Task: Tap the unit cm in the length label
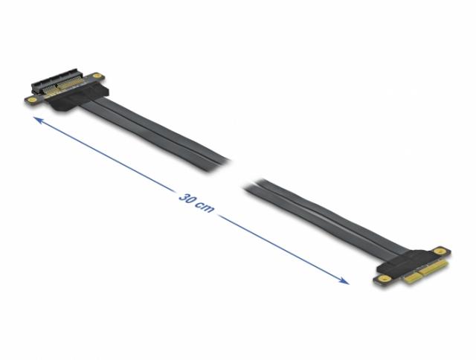(x=205, y=207)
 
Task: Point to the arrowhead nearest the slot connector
(x=38, y=120)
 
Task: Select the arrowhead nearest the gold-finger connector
(x=344, y=280)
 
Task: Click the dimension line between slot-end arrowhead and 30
(x=105, y=155)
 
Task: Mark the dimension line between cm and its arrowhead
(x=284, y=249)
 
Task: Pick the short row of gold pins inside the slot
(x=50, y=90)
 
